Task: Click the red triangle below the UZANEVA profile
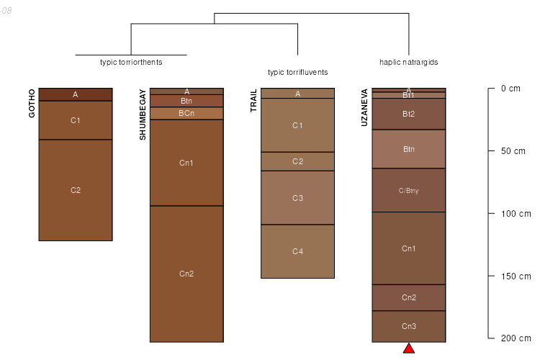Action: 409,349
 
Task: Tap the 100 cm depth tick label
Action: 515,214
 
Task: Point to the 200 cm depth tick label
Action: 515,338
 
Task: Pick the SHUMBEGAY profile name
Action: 143,114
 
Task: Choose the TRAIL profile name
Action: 253,101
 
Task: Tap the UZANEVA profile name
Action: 364,108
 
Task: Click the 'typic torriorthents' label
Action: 131,62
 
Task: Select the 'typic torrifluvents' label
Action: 297,72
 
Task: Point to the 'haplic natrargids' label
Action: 408,62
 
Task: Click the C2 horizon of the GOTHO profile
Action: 76,190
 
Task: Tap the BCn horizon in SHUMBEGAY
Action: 186,113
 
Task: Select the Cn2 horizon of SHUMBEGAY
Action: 186,274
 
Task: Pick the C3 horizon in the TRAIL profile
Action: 297,197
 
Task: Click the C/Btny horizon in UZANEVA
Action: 408,190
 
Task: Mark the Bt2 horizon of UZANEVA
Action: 408,114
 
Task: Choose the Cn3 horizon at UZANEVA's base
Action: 408,326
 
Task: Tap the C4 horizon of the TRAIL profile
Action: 297,251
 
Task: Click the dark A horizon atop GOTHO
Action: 76,94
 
